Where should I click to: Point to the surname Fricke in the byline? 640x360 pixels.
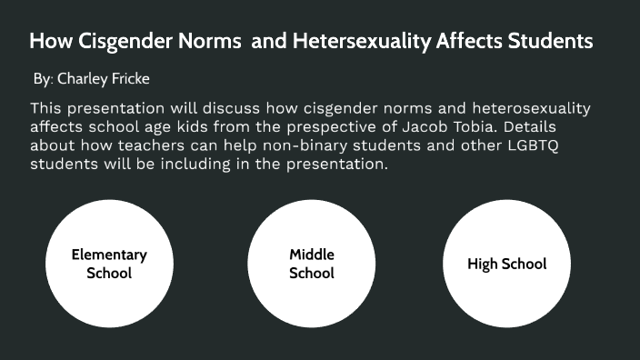tap(132, 80)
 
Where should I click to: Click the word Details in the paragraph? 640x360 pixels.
tap(578, 127)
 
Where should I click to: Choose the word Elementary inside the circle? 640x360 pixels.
tap(109, 255)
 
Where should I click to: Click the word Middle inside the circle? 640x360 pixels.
tap(312, 255)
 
